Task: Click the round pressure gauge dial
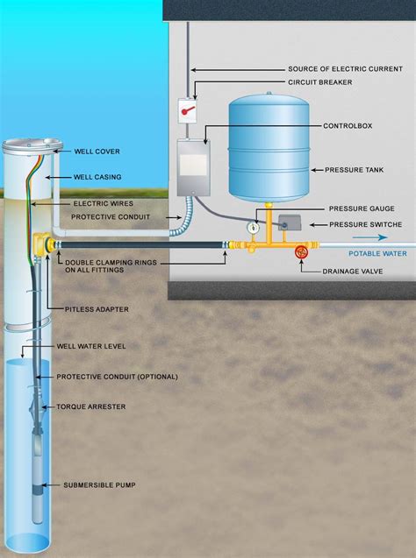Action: [253, 226]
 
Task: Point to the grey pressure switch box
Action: [289, 224]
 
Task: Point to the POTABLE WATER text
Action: [377, 253]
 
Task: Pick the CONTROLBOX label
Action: [348, 126]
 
